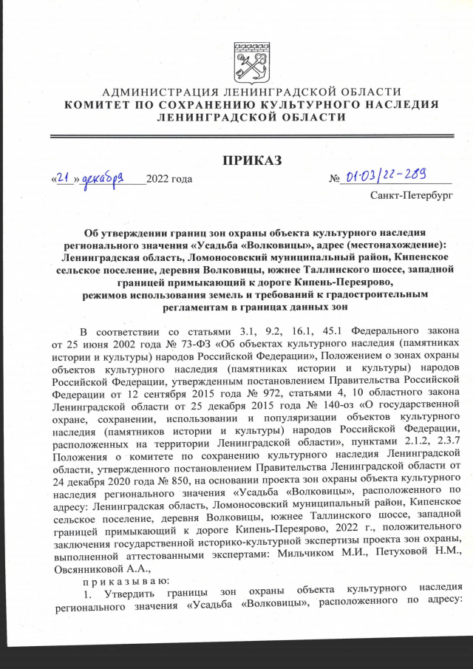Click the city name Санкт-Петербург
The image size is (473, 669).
412,197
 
